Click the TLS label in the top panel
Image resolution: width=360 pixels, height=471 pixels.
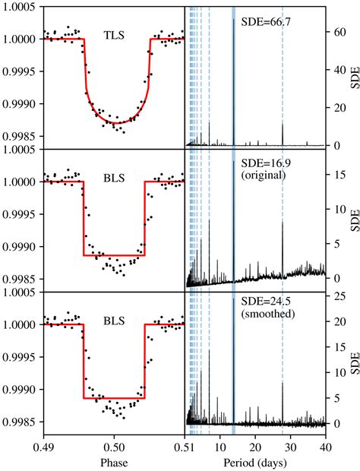point(114,35)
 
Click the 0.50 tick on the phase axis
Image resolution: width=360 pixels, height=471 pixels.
point(115,444)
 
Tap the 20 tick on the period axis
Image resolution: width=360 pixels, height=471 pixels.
point(255,444)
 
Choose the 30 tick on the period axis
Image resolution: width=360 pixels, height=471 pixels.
point(290,444)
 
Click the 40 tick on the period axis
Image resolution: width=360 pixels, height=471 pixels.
point(325,444)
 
